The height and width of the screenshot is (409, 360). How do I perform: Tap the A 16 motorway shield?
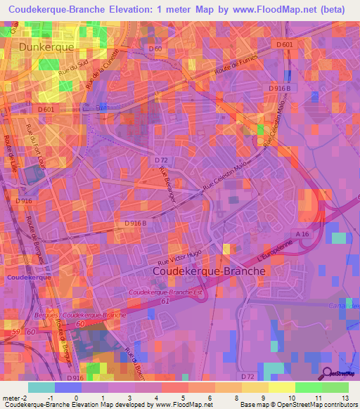coord(302,234)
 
